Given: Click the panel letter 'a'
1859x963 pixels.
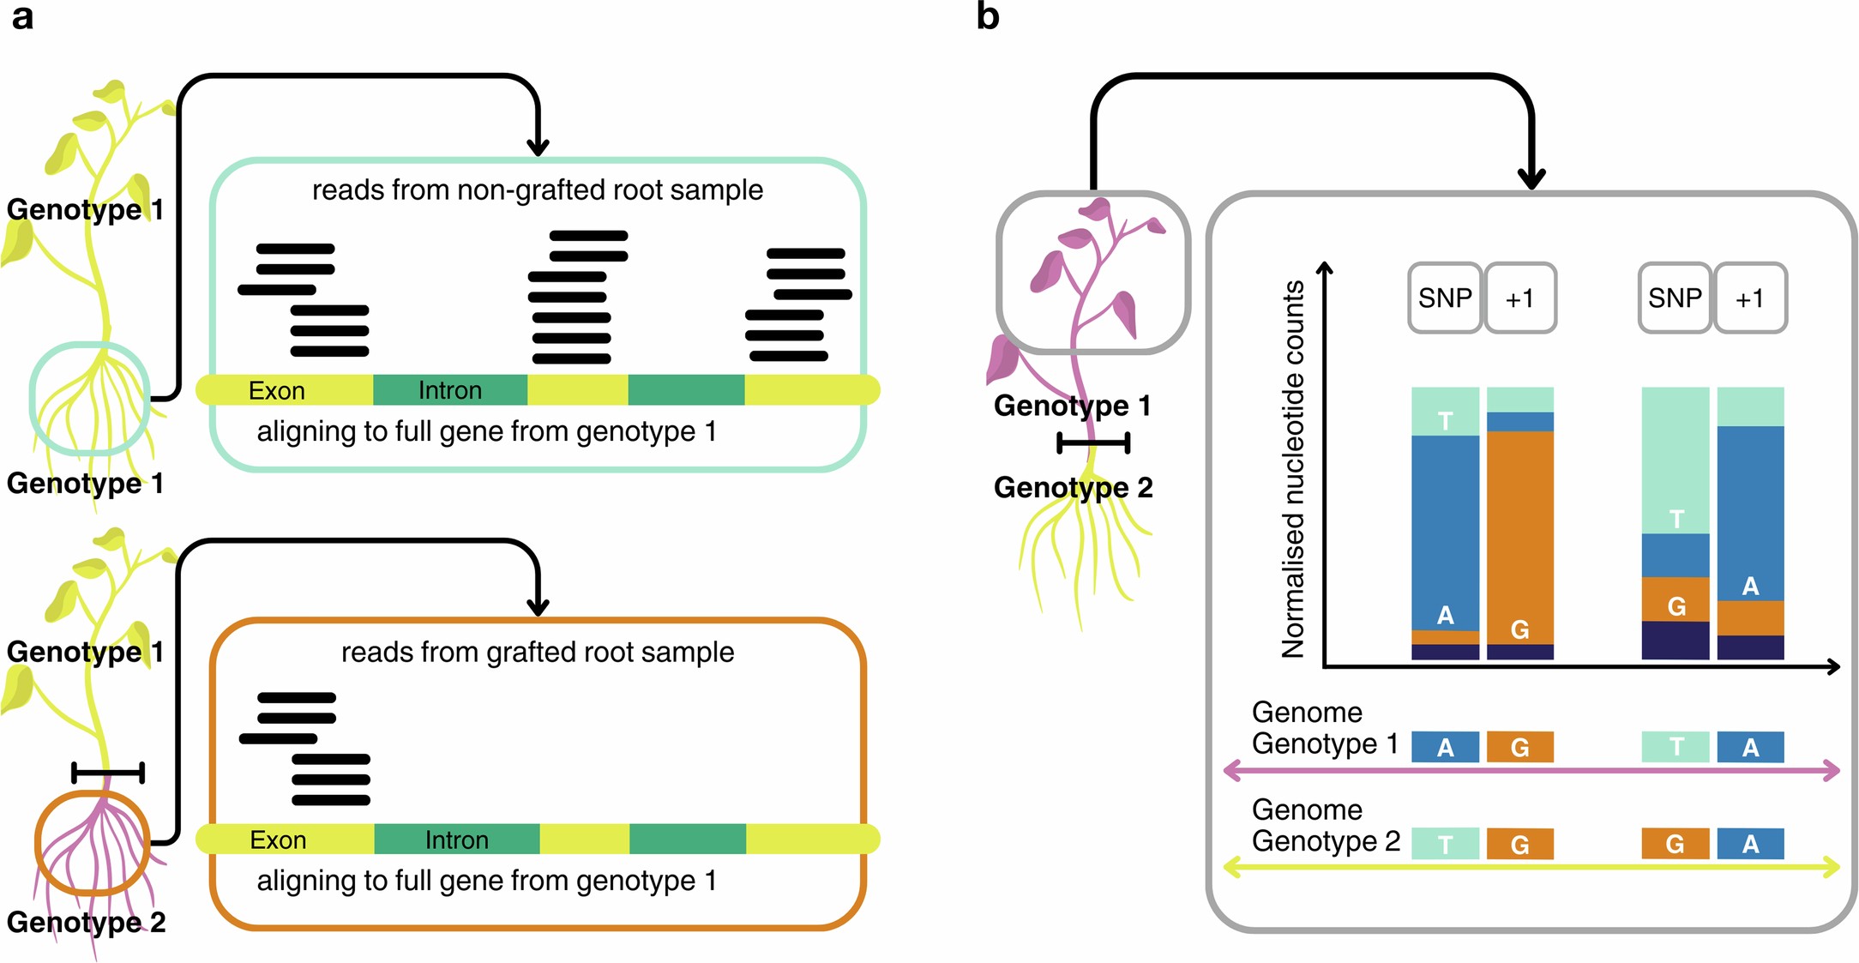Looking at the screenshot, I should (x=22, y=17).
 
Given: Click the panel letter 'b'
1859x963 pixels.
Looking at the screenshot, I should (x=988, y=16).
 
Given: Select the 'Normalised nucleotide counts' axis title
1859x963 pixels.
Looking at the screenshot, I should (x=1293, y=469).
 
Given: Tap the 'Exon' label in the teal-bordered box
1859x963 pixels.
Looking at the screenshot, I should (x=276, y=391).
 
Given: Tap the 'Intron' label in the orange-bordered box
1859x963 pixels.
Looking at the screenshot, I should (x=456, y=840).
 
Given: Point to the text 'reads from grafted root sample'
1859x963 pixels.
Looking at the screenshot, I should (x=538, y=652).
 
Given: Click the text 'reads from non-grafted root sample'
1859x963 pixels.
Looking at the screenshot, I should (x=538, y=190).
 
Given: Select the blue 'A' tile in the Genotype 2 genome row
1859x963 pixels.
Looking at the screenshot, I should (x=1750, y=844).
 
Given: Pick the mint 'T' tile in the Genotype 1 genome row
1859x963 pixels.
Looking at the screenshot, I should (x=1675, y=747).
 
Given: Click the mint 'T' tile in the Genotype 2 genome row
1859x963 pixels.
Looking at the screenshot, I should (x=1445, y=844).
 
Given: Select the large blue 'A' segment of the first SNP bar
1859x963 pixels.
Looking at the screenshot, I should (x=1445, y=532).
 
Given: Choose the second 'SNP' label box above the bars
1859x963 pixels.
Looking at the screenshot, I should (x=1675, y=298).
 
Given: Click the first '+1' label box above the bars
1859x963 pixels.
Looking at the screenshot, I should (x=1519, y=298).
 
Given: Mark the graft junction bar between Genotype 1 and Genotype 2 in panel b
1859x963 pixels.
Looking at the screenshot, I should (x=1092, y=443).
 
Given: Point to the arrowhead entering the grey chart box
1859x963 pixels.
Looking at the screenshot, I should (x=1531, y=178).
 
